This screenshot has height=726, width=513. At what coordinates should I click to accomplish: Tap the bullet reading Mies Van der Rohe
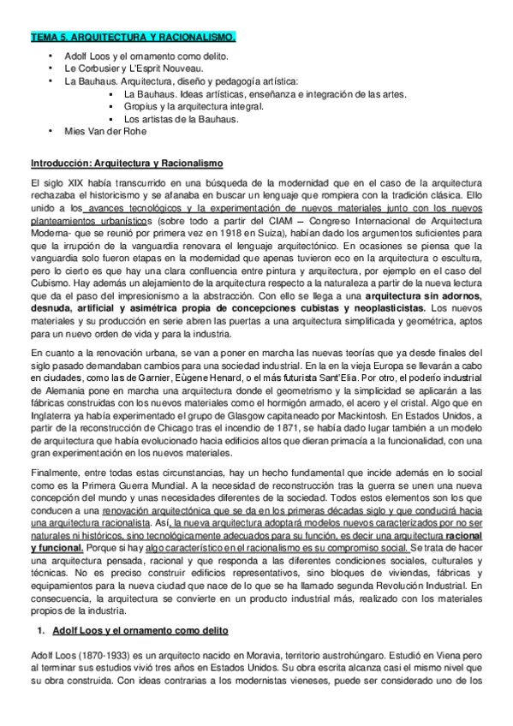pyautogui.click(x=106, y=131)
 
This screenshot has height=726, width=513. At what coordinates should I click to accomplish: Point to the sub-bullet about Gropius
pyautogui.click(x=194, y=106)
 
